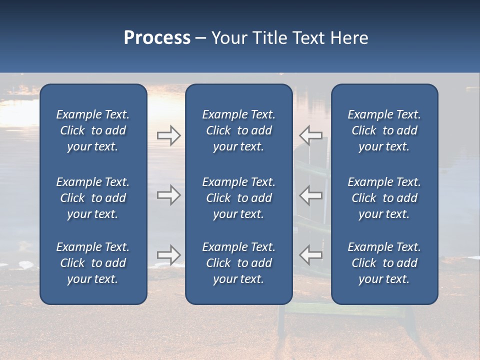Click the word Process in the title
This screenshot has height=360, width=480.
tap(157, 38)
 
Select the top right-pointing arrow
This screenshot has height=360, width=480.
tap(169, 135)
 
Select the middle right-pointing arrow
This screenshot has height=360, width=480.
tap(169, 195)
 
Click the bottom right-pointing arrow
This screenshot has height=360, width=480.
tap(169, 255)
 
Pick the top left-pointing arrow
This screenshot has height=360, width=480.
tap(311, 135)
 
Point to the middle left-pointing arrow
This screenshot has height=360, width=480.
tap(311, 195)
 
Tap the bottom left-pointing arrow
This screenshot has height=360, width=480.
tap(311, 255)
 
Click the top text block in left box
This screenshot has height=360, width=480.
tap(93, 130)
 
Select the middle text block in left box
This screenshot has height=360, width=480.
tap(93, 198)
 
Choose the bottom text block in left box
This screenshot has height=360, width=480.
tap(93, 263)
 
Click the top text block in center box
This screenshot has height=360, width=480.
tap(238, 130)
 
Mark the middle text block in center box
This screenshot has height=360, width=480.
tap(238, 198)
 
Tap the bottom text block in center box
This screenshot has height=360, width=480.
tap(238, 263)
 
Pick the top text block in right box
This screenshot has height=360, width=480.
tap(384, 130)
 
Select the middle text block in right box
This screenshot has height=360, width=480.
tap(384, 198)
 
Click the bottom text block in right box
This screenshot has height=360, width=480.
tap(384, 263)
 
